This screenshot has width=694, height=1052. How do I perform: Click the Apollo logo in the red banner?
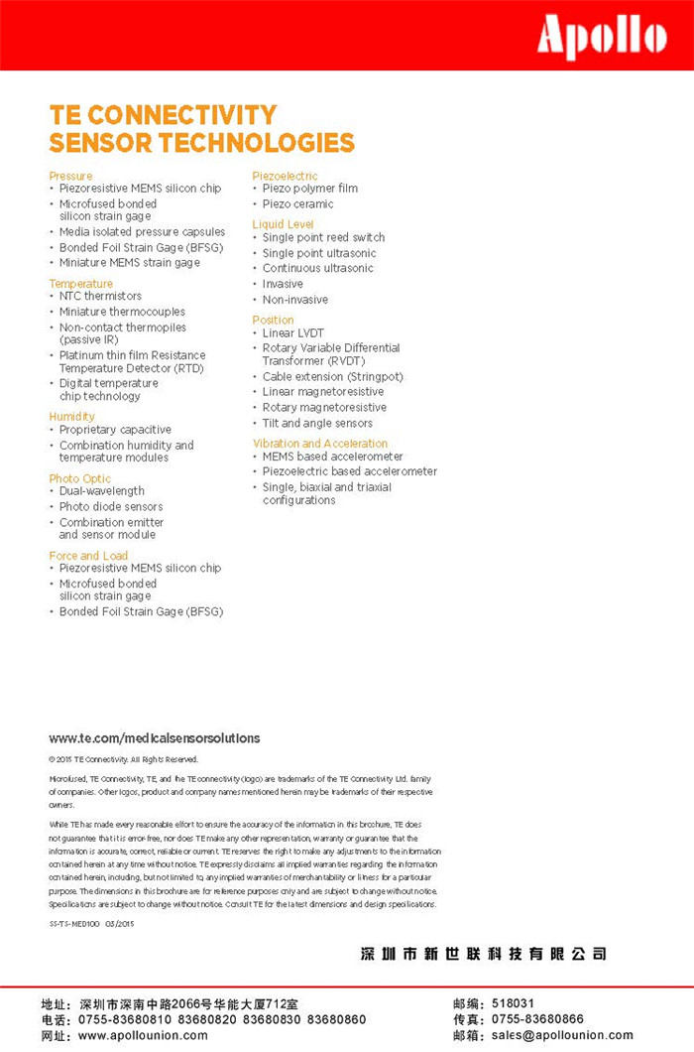pos(602,38)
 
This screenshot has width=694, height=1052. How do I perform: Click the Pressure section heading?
pos(70,176)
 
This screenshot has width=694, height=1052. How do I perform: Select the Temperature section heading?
pos(81,284)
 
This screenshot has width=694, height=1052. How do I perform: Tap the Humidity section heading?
pos(72,416)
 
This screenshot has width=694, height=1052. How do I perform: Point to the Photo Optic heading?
pos(80,478)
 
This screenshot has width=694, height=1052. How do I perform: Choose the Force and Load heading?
pos(88,556)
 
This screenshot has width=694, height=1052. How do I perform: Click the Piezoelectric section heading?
pos(286,176)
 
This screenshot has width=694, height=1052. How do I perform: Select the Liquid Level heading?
pos(283,224)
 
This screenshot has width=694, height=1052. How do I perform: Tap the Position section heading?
pos(274,320)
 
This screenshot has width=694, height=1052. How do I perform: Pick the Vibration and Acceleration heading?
pos(320,444)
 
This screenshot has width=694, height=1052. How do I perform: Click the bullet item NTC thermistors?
pos(100,296)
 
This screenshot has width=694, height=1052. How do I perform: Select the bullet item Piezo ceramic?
pos(298,203)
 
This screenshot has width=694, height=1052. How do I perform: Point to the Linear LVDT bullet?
pos(293,333)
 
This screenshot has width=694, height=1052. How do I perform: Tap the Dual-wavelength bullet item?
pos(102,491)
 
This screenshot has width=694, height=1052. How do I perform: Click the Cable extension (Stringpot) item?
pos(333,377)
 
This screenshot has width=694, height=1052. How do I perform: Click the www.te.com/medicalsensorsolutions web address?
pos(155,738)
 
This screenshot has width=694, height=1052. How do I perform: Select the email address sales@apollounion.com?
pos(562,1035)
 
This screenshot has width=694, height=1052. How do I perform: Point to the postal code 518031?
pos(513,1003)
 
